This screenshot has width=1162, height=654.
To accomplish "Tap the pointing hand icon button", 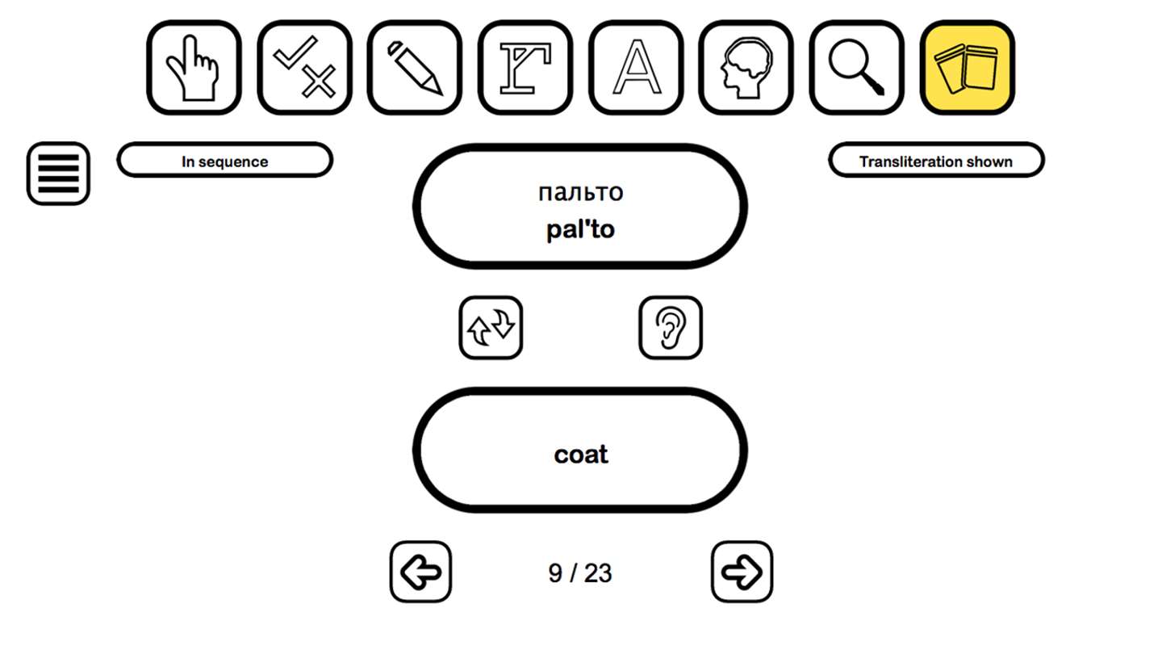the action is pyautogui.click(x=194, y=68).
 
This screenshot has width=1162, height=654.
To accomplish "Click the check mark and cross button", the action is pyautogui.click(x=304, y=68).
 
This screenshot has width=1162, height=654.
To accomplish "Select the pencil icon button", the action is pyautogui.click(x=415, y=68).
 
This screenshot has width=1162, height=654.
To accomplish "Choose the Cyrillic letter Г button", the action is pyautogui.click(x=525, y=68).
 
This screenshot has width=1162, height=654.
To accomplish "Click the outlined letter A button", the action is pyautogui.click(x=636, y=68).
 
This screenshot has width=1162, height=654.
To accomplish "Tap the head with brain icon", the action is pyautogui.click(x=746, y=68).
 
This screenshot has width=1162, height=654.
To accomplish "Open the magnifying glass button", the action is pyautogui.click(x=856, y=68).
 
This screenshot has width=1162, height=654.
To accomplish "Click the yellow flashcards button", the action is pyautogui.click(x=968, y=68).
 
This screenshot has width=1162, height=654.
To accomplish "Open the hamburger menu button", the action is pyautogui.click(x=59, y=174).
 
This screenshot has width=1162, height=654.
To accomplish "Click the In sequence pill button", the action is pyautogui.click(x=224, y=160).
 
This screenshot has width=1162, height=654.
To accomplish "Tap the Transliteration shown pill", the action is pyautogui.click(x=936, y=160).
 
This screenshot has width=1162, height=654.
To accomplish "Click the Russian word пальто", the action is pyautogui.click(x=580, y=192).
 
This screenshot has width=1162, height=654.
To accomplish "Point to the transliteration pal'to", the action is pyautogui.click(x=580, y=229).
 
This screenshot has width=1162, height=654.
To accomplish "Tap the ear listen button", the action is pyautogui.click(x=671, y=328).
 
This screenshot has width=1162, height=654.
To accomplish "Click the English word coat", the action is pyautogui.click(x=580, y=454).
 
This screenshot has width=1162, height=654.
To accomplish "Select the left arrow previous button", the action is pyautogui.click(x=420, y=572).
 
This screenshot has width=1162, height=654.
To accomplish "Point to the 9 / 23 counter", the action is pyautogui.click(x=580, y=573).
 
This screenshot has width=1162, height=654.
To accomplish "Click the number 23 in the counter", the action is pyautogui.click(x=598, y=573).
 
